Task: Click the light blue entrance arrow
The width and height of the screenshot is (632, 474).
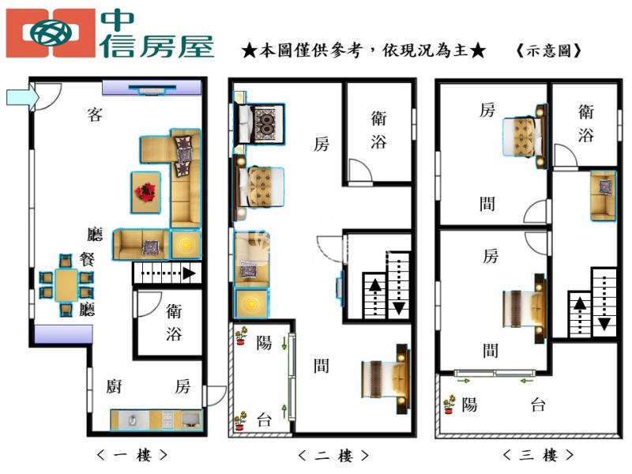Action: point(23,97)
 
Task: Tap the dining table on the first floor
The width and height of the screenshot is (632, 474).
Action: point(66,285)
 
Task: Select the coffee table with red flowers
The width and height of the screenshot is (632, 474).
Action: point(145,192)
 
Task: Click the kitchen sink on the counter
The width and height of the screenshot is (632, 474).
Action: point(132,420)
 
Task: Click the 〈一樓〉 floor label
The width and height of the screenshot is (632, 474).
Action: point(132,456)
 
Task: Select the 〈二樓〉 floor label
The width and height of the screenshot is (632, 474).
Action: point(333,456)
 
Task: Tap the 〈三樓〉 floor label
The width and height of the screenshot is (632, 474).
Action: point(538,455)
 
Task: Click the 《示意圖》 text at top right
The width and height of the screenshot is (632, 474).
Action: point(549,51)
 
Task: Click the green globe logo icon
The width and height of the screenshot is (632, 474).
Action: point(51,33)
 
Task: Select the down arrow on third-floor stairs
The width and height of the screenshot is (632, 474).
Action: point(604,303)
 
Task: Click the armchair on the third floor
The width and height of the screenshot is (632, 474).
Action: point(603,195)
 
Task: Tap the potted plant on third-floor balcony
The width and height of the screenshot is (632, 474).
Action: point(449,404)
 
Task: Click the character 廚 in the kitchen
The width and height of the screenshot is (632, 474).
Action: point(114,386)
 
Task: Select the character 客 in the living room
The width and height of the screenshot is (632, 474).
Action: point(95,115)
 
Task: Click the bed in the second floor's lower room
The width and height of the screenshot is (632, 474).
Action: point(386,379)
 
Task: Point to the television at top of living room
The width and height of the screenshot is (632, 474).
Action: point(152,89)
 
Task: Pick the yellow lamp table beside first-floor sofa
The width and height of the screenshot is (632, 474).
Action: point(186,244)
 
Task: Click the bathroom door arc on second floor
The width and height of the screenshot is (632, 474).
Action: point(360,171)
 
